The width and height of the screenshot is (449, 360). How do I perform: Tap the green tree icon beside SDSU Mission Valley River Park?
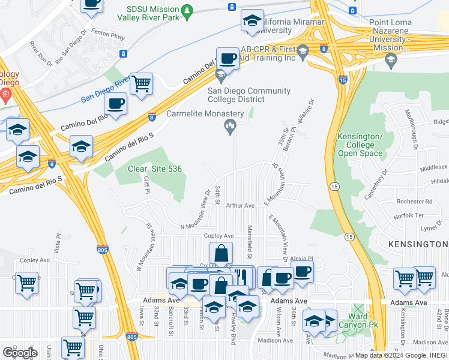click(187, 11)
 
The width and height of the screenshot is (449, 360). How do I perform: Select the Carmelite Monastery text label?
click(205, 113)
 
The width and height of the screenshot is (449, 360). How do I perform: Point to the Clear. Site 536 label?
click(154, 169)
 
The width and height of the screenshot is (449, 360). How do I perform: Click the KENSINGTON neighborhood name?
click(418, 244)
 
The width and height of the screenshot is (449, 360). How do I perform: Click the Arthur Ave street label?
click(240, 205)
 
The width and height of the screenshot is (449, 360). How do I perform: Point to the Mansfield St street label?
click(249, 238)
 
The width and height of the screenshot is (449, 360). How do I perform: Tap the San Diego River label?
click(106, 88)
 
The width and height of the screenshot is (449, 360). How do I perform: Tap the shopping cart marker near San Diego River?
click(141, 85)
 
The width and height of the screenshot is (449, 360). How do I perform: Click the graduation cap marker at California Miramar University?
click(252, 21)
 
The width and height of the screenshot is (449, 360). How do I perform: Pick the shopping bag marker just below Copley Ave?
click(221, 254)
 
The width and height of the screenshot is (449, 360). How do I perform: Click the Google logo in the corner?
click(20, 352)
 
